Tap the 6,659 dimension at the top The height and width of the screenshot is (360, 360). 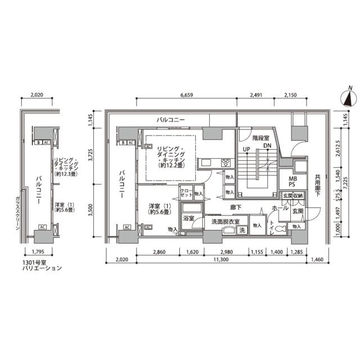click(x=187, y=95)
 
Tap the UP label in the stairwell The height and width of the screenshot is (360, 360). click(x=246, y=148)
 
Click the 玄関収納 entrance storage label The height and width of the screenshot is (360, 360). click(x=292, y=195)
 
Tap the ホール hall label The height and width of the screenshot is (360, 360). click(x=279, y=208)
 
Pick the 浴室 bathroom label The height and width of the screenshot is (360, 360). click(x=188, y=218)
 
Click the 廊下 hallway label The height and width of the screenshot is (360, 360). click(x=236, y=207)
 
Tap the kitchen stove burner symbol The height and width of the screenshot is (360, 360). click(x=226, y=163)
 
